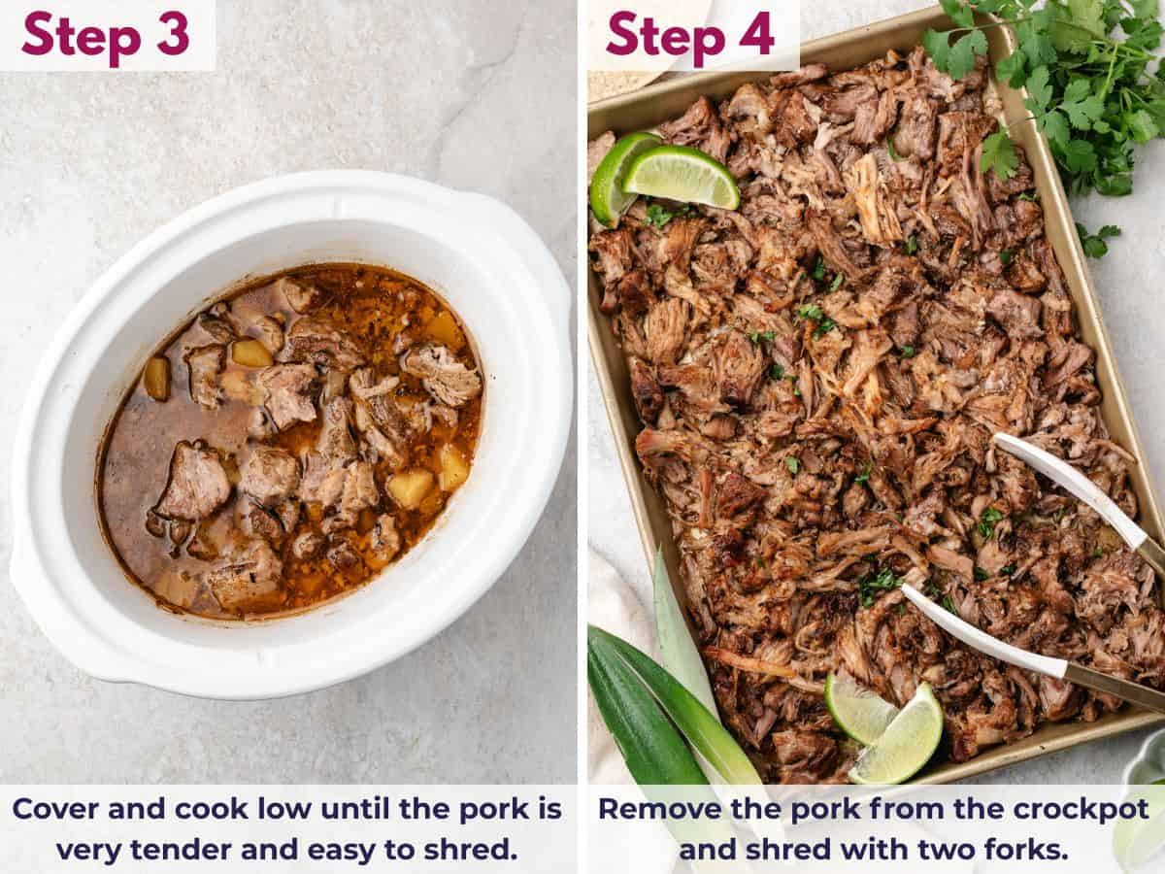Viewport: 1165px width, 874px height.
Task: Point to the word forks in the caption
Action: tap(1024, 849)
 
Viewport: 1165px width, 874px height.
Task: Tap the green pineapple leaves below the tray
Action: tap(660, 709)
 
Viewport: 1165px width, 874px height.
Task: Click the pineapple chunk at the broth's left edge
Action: tap(156, 378)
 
